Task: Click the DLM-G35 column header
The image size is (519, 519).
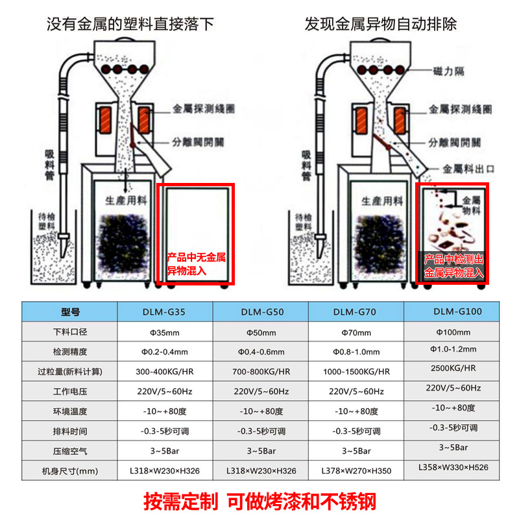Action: (x=166, y=311)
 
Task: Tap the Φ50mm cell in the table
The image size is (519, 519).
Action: (x=261, y=333)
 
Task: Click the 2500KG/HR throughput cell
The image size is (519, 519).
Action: (x=452, y=368)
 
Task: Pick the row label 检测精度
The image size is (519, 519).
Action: (x=69, y=352)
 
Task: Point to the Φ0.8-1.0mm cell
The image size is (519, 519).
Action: (x=356, y=352)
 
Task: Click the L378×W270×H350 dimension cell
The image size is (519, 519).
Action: (x=356, y=470)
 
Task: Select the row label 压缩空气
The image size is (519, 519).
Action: (x=69, y=451)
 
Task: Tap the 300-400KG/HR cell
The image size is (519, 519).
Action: (x=166, y=372)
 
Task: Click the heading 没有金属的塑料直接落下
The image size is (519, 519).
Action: (x=130, y=25)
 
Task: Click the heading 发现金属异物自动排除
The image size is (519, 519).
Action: (x=381, y=25)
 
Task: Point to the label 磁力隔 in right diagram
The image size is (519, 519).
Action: (x=449, y=71)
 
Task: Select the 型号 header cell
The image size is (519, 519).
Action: (x=69, y=311)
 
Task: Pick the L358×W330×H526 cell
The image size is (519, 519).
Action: (x=452, y=466)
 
